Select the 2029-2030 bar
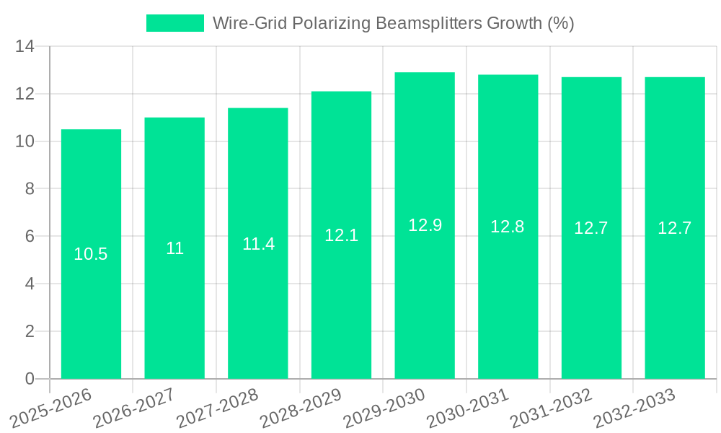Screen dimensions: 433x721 coord(425,303)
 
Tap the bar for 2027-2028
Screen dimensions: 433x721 coord(258,303)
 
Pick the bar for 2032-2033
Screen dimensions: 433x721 coord(675,303)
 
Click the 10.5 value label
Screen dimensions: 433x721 coord(91,254)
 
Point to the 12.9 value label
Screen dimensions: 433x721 coord(425,225)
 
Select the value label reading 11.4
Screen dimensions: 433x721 coord(258,244)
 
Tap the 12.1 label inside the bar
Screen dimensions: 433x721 coord(341,235)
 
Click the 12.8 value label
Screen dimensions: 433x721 coord(508,227)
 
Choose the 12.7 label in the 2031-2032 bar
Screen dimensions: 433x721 coord(591,228)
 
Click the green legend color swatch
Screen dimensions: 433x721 coord(175,23)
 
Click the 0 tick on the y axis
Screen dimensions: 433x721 coord(30,379)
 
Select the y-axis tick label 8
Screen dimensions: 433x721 coord(30,189)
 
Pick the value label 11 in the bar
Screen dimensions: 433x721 coord(174,249)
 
